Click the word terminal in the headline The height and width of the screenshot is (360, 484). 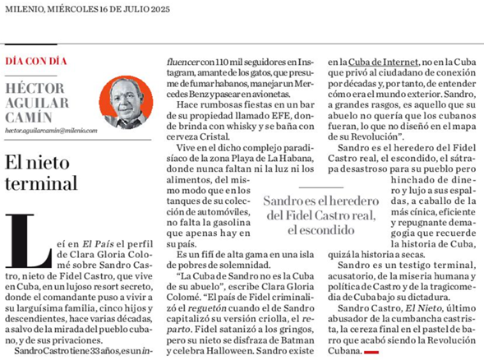pyautogui.click(x=40, y=182)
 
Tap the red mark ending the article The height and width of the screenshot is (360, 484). pyautogui.click(x=371, y=351)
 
